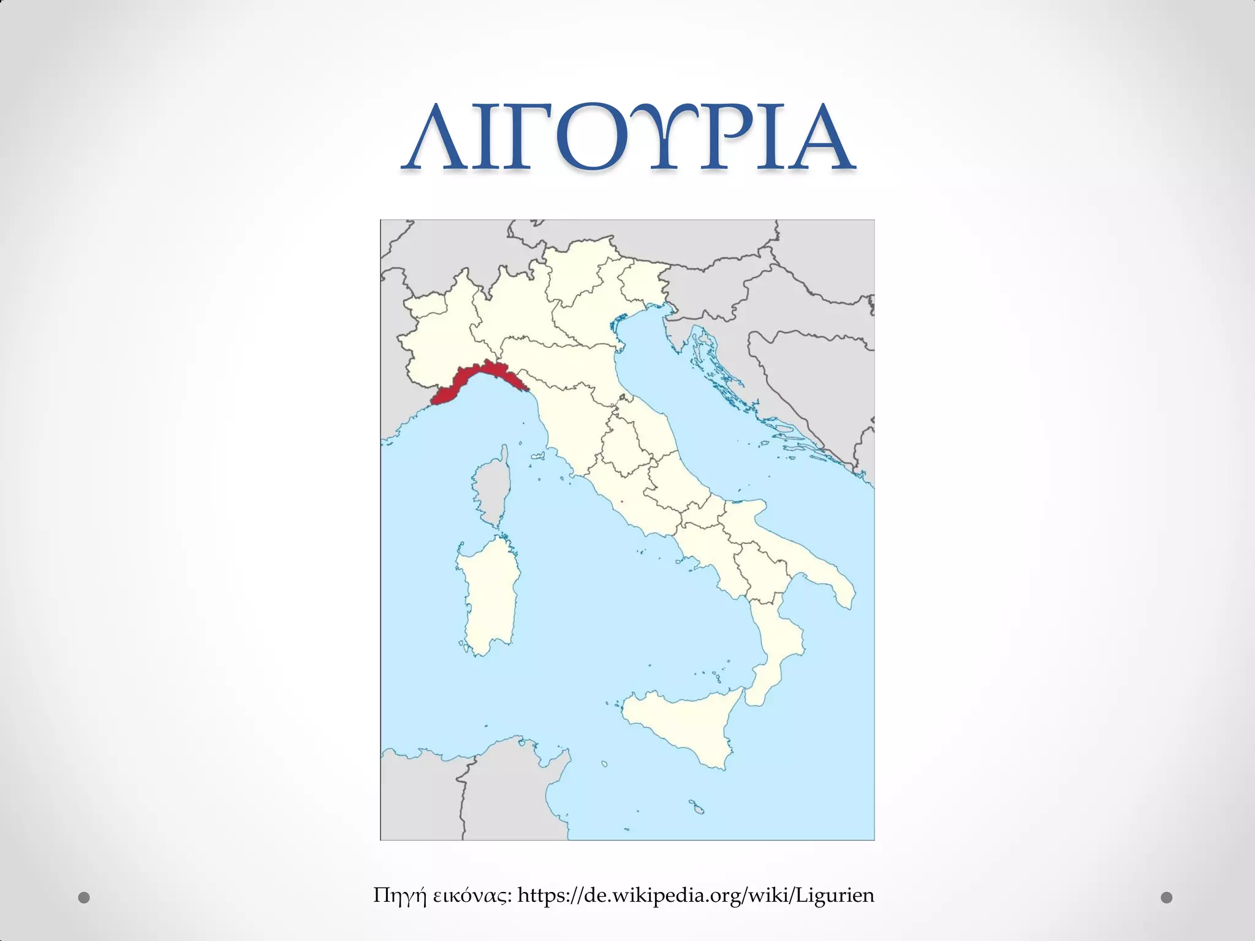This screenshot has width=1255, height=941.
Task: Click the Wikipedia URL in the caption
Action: [x=696, y=896]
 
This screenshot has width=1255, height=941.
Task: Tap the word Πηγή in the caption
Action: [x=399, y=896]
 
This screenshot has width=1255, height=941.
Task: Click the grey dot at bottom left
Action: [x=84, y=898]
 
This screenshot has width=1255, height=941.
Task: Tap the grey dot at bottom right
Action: [x=1167, y=898]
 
